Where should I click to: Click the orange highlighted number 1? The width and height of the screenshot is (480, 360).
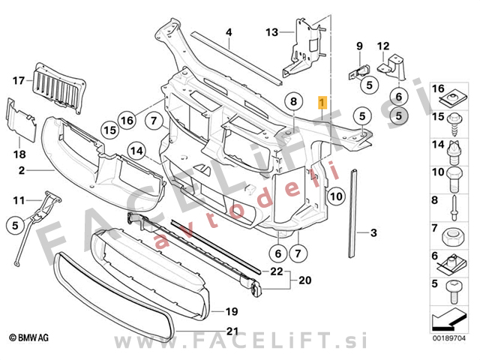pyautogui.click(x=322, y=102)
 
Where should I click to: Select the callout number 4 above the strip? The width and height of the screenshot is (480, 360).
pyautogui.click(x=229, y=31)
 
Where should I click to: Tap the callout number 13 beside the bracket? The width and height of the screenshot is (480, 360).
pyautogui.click(x=271, y=31)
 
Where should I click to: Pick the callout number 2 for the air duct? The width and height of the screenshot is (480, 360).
pyautogui.click(x=22, y=171)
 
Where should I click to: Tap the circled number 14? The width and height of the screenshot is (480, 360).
pyautogui.click(x=136, y=151)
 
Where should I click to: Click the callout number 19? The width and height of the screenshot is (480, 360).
pyautogui.click(x=232, y=310)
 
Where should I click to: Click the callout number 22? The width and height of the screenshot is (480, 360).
pyautogui.click(x=276, y=271)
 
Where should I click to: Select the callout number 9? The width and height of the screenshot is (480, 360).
pyautogui.click(x=358, y=46)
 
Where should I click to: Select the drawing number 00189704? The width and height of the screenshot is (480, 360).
pyautogui.click(x=451, y=338)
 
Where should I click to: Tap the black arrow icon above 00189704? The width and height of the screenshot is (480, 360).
pyautogui.click(x=450, y=320)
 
